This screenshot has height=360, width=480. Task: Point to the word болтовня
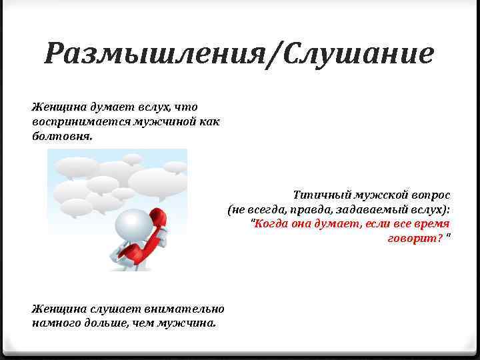point(63,136)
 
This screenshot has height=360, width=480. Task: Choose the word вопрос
point(430,195)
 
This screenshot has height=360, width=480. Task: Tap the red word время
point(431,223)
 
